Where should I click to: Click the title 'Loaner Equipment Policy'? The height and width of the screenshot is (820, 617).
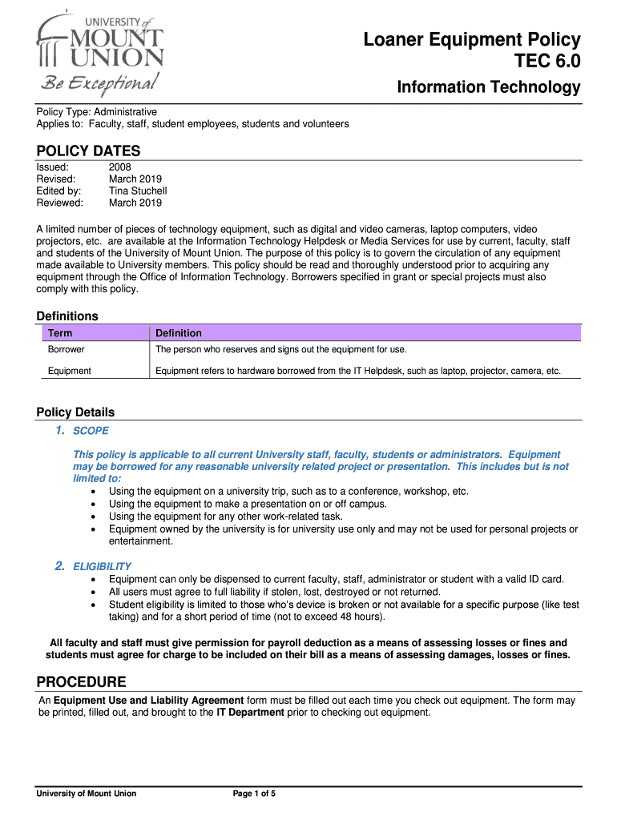tap(471, 40)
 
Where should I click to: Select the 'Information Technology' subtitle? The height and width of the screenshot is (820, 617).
tap(488, 87)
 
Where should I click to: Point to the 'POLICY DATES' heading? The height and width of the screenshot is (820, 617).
tap(88, 151)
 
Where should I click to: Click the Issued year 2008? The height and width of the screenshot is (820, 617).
tap(120, 167)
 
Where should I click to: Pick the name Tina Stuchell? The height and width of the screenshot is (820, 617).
tap(138, 191)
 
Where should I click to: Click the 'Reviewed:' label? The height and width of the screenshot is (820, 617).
tap(59, 203)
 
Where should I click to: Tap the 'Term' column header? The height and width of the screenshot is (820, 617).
tap(60, 333)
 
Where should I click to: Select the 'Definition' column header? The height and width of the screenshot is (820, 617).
tap(179, 333)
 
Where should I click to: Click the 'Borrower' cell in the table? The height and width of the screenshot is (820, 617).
tap(67, 350)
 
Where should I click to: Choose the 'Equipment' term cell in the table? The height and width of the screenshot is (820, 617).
tap(70, 371)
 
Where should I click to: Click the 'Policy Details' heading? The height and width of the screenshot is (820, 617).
tap(75, 412)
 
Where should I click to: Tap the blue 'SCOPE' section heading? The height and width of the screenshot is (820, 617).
tap(91, 431)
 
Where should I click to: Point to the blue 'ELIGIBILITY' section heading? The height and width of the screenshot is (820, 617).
tap(103, 566)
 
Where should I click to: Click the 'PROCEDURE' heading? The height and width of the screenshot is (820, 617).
tap(81, 682)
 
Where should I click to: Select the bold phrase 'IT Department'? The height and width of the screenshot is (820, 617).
tap(250, 712)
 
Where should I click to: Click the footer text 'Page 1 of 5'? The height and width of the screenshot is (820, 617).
tap(254, 794)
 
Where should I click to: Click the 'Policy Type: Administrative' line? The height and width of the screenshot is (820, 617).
tap(97, 112)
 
